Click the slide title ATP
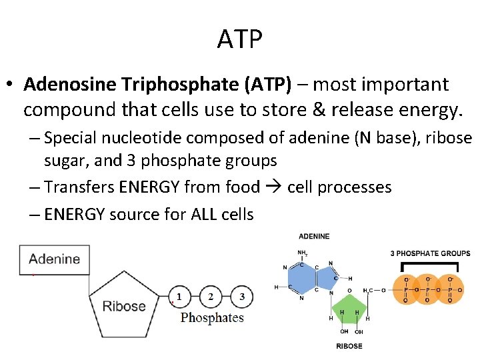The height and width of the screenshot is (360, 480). [x=240, y=39]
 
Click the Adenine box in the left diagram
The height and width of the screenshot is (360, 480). [x=54, y=259]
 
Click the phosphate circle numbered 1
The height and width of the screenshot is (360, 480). [x=179, y=297]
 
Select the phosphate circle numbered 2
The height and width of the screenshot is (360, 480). [x=211, y=297]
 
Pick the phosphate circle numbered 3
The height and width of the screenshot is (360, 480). [x=242, y=297]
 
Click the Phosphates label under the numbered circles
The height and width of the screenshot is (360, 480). [x=212, y=318]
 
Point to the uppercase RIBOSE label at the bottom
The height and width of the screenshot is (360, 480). [x=349, y=346]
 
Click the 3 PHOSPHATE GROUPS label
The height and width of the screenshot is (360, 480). [x=430, y=253]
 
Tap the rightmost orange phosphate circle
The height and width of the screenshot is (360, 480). [x=450, y=289]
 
